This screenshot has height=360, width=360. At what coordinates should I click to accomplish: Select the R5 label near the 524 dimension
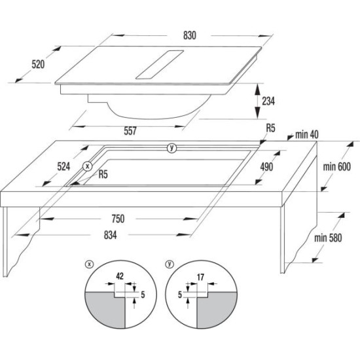(x=103, y=175)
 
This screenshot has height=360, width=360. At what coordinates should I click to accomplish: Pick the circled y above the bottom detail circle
(x=170, y=264)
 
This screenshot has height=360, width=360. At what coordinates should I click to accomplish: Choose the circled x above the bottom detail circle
(x=89, y=264)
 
